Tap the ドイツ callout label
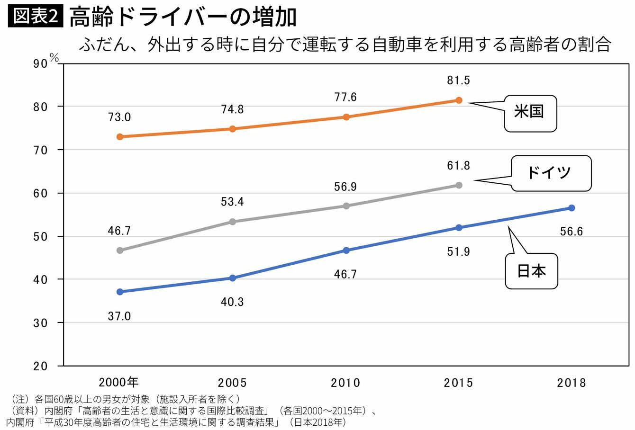pos(551,173)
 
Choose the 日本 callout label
pos(531,271)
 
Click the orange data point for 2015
pos(459,100)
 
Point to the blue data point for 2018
pos(571,208)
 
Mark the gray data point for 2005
pos(233,222)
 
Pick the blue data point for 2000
pos(120,292)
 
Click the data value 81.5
pos(458,81)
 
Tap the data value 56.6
pos(571,232)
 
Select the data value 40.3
pos(232,302)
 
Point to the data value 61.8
pos(458,166)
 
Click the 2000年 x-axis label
pos(119,382)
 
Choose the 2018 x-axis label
pos(571,383)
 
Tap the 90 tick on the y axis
pos(41,64)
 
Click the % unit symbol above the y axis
pos(54,58)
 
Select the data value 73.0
pos(119,117)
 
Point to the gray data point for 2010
pos(346,206)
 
